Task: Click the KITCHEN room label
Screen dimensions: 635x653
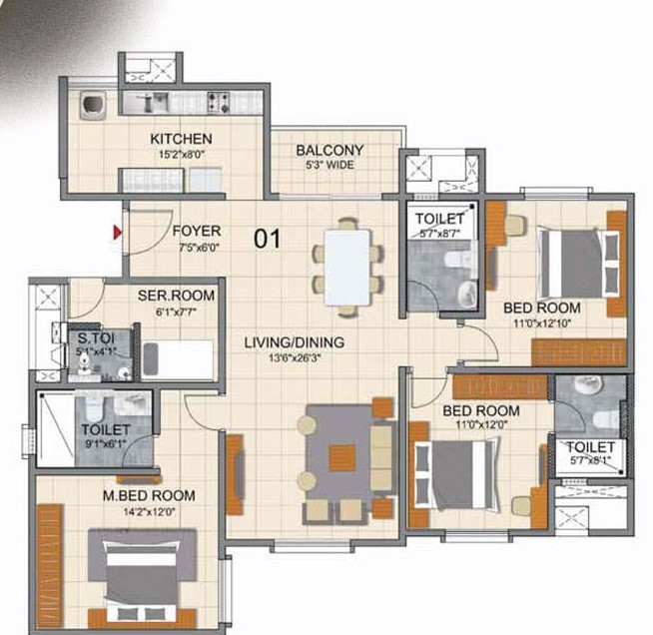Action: pyautogui.click(x=181, y=138)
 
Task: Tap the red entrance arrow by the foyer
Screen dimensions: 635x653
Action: pyautogui.click(x=118, y=234)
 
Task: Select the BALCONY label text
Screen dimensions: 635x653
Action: pyautogui.click(x=329, y=151)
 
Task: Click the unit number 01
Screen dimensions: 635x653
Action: pyautogui.click(x=266, y=240)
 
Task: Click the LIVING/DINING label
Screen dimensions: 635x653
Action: pyautogui.click(x=295, y=342)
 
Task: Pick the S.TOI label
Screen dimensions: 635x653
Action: pyautogui.click(x=95, y=337)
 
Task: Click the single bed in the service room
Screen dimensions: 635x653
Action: pyautogui.click(x=178, y=358)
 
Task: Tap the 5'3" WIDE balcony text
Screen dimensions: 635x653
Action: pyautogui.click(x=328, y=166)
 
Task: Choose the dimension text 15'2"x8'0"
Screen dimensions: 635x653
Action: pyautogui.click(x=181, y=154)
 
